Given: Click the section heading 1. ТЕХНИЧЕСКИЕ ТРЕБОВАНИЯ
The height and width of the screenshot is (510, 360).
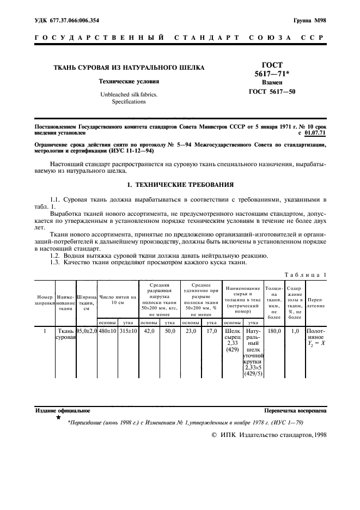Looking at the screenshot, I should [x=180, y=185].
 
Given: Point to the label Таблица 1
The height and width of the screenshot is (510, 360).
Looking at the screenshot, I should [x=306, y=275].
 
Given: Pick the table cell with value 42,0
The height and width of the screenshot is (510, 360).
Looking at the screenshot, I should [x=149, y=331].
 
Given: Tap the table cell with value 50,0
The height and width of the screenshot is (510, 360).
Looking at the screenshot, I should [x=169, y=331].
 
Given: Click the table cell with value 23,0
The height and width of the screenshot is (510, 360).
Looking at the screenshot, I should [x=190, y=331].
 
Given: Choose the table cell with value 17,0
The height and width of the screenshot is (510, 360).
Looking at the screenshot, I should [x=211, y=331].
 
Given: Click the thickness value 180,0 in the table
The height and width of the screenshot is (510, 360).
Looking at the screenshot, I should [x=274, y=331].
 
